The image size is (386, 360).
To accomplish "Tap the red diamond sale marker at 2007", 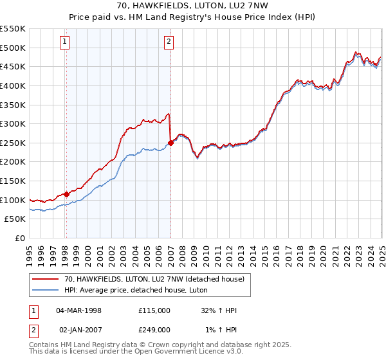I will click(170, 143).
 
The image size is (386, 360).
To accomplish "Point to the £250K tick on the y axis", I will click(14, 143).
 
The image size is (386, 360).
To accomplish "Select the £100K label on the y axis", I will click(14, 200).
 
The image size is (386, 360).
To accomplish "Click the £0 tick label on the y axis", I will click(19, 238).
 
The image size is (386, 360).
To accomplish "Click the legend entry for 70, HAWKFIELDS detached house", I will click(154, 280).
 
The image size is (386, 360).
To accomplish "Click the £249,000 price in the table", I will click(154, 330).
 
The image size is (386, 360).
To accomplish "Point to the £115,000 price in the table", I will click(154, 310).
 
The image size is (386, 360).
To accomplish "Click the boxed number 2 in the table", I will click(33, 330).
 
